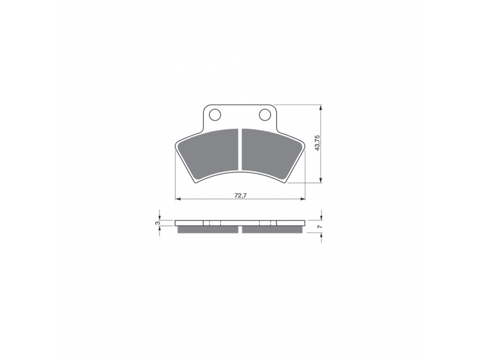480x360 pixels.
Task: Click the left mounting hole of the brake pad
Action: coord(215,115)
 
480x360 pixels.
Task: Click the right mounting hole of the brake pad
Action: coord(265,115)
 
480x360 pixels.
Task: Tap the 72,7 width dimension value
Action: coord(241,196)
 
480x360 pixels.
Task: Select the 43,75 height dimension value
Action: coord(317,143)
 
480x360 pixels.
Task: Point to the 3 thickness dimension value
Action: coord(158,223)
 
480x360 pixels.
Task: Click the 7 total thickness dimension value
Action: coord(319,227)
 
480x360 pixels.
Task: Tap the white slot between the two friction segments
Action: coord(241,149)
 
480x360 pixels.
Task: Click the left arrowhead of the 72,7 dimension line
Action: coord(178,199)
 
